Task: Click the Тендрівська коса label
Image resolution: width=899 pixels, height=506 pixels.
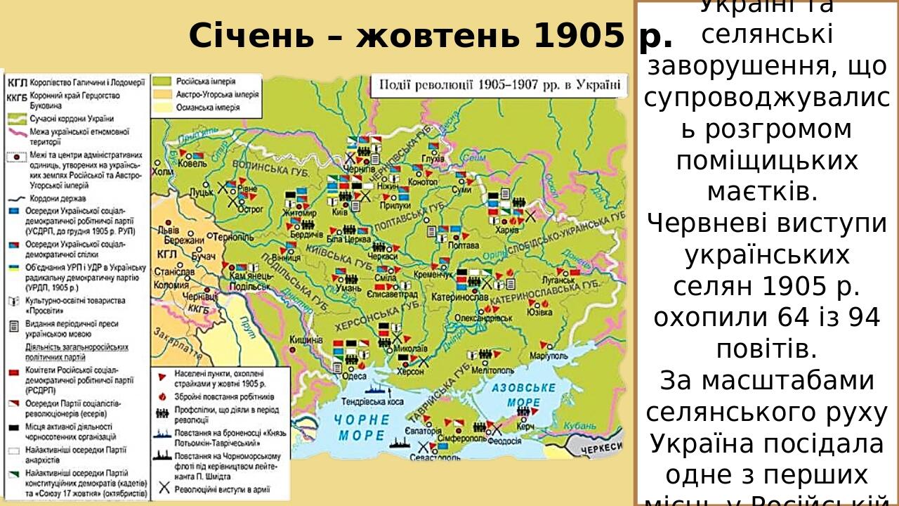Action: (372, 402)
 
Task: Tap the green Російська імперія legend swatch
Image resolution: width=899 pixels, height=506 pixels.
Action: (163, 81)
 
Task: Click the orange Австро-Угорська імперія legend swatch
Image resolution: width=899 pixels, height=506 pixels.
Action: (163, 94)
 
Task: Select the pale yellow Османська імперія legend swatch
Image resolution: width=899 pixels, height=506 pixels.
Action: (163, 108)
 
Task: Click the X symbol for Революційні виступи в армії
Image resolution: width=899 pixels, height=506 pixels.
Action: (164, 488)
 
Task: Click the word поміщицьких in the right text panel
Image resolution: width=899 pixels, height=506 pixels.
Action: (766, 160)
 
